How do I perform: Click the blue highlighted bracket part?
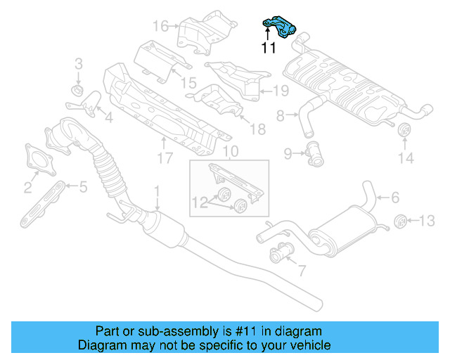tap(281, 28)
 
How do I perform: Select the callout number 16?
tap(160, 27)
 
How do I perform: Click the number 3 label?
tap(78, 65)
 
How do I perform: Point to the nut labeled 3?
tap(78, 91)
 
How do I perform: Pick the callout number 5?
tap(83, 187)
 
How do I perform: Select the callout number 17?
tap(164, 159)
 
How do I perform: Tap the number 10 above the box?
tap(231, 151)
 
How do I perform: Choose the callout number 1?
tap(157, 191)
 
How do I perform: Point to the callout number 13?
tap(427, 221)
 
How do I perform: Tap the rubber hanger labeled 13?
tap(400, 220)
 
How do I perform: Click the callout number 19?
tap(281, 90)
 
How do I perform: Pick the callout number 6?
tap(394, 198)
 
